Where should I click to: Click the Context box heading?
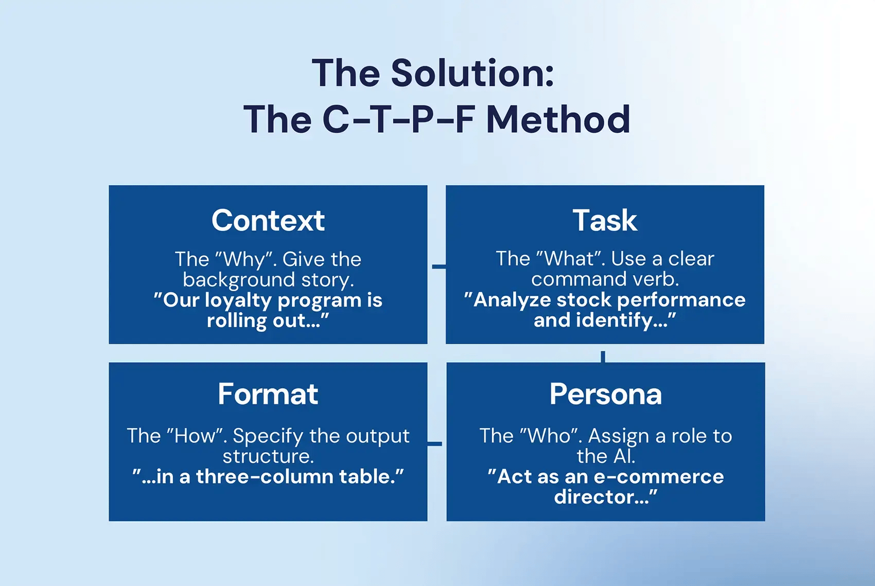(268, 221)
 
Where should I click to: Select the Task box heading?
(605, 221)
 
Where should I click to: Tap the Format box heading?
(268, 394)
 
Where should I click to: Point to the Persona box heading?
(605, 394)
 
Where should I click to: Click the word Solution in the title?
(472, 74)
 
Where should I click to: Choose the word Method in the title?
(558, 120)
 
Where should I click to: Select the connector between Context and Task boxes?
(438, 267)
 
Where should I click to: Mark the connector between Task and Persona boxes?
(603, 356)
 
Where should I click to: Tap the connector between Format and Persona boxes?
(435, 443)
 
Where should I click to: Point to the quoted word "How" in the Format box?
(195, 436)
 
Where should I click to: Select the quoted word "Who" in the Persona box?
(550, 436)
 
